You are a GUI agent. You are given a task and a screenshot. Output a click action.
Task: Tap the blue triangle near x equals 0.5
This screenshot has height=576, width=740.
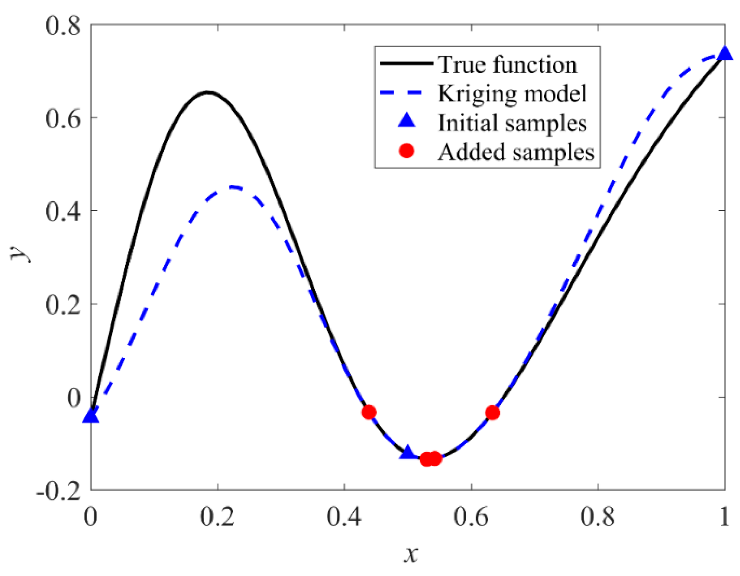tap(407, 452)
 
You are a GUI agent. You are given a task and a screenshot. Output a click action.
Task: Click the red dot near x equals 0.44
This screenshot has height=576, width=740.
tap(369, 412)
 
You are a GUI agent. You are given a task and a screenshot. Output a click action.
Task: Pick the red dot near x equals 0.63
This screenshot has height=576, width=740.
tap(492, 413)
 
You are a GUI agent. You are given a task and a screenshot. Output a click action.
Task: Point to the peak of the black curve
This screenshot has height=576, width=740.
tap(208, 92)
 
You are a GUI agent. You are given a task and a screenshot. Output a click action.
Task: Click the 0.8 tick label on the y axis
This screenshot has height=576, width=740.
tap(63, 26)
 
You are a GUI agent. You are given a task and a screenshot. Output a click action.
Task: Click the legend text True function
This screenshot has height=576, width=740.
tap(507, 64)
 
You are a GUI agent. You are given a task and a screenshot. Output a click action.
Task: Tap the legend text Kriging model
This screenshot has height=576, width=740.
tap(512, 93)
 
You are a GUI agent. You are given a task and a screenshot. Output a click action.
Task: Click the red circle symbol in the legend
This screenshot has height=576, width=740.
tap(407, 151)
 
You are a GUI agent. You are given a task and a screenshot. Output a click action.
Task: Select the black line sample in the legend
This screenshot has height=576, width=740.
tap(407, 63)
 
